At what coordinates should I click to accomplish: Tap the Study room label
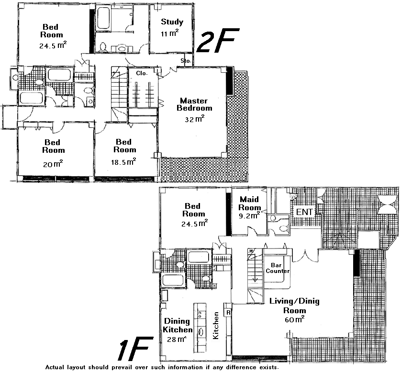pos(172,22)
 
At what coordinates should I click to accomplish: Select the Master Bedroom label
pos(194,104)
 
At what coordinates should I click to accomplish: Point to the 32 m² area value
pos(195,119)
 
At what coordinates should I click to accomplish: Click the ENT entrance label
pos(304,212)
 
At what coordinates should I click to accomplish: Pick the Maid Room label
pos(249,203)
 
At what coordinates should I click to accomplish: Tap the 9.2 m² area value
pos(249,215)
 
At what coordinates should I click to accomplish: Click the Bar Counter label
pos(278,268)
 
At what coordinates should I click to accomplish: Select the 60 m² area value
pos(294,319)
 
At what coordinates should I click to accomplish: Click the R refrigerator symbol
pos(228,313)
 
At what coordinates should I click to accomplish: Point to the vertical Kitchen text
pos(216,325)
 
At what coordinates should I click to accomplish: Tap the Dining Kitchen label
pos(178,325)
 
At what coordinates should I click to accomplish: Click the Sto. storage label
pos(186,61)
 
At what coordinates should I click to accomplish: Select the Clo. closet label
pos(142,73)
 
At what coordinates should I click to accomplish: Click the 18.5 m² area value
pos(123,161)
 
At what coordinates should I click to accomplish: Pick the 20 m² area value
pos(53,164)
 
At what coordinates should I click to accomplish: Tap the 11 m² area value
pos(169,33)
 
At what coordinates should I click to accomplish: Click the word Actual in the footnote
pos(55,367)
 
